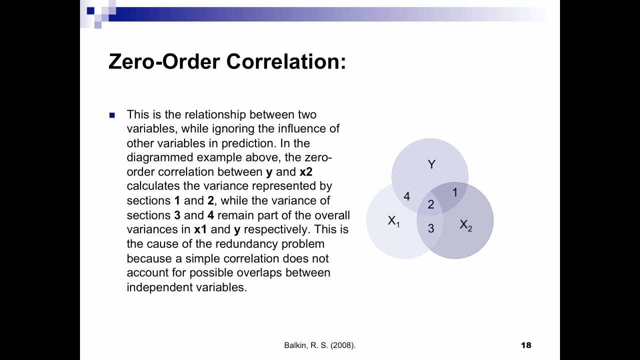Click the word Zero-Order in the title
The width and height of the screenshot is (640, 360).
[164, 61]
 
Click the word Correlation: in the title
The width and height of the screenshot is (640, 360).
[286, 61]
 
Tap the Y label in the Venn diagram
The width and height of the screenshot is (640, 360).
[431, 164]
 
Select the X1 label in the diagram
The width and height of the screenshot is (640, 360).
[393, 221]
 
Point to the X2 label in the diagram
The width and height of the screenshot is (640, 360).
[465, 225]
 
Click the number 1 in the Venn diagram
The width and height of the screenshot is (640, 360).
[455, 192]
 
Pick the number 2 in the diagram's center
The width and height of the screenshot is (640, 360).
[431, 204]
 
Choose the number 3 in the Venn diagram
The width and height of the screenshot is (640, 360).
[431, 228]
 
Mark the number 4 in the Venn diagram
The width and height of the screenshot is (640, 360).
[406, 196]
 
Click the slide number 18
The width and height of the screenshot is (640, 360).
[526, 345]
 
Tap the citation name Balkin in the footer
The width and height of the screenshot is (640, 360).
[295, 345]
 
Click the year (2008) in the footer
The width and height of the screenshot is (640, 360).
[343, 345]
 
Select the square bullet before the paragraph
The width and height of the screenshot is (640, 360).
[112, 115]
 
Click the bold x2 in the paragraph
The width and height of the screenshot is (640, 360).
[306, 172]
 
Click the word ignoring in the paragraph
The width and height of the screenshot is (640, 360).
[233, 128]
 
